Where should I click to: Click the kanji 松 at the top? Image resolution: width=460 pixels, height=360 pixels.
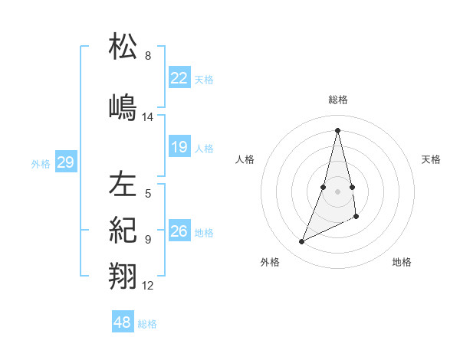pyautogui.click(x=123, y=47)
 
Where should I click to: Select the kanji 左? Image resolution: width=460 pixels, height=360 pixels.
pyautogui.click(x=123, y=184)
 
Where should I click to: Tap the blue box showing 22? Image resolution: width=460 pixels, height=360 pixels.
pyautogui.click(x=179, y=77)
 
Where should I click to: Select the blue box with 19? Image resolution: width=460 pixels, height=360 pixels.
pyautogui.click(x=179, y=147)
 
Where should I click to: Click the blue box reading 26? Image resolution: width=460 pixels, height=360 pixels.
pyautogui.click(x=179, y=231)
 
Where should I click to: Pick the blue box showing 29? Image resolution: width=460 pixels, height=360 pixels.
pyautogui.click(x=65, y=162)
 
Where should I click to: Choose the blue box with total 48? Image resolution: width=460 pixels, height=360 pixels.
pyautogui.click(x=122, y=322)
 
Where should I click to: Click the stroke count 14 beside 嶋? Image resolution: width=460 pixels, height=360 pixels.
pyautogui.click(x=148, y=117)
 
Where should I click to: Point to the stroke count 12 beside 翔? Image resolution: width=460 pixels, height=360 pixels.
pyautogui.click(x=148, y=286)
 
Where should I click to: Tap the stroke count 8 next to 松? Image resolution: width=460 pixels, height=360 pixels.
pyautogui.click(x=148, y=56)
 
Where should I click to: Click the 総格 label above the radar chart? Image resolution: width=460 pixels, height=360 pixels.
pyautogui.click(x=337, y=100)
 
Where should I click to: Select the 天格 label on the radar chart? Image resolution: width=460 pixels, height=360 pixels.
pyautogui.click(x=432, y=159)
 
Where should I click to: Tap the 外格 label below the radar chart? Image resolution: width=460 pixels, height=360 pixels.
pyautogui.click(x=270, y=262)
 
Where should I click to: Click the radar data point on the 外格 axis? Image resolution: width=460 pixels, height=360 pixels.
pyautogui.click(x=302, y=242)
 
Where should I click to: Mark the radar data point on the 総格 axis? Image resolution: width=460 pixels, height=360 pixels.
pyautogui.click(x=337, y=129)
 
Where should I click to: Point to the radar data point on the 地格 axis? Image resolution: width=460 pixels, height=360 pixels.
pyautogui.click(x=357, y=217)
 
